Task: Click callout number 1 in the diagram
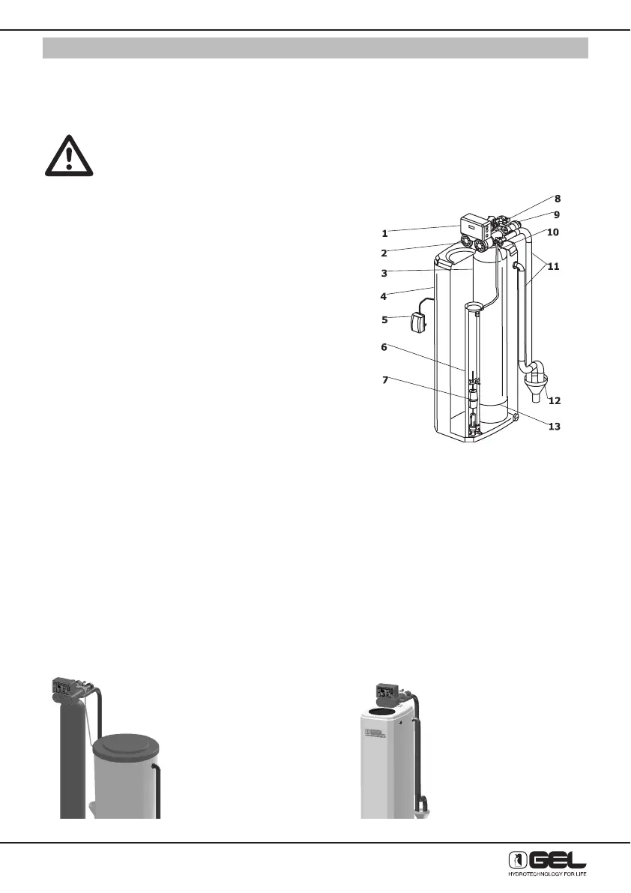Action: [384, 233]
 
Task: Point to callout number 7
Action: [384, 379]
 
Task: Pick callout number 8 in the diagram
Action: [557, 199]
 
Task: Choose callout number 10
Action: [552, 232]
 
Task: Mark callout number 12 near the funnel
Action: [555, 400]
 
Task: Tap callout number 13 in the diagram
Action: [555, 427]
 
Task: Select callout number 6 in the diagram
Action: [384, 347]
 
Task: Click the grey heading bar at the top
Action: [315, 48]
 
